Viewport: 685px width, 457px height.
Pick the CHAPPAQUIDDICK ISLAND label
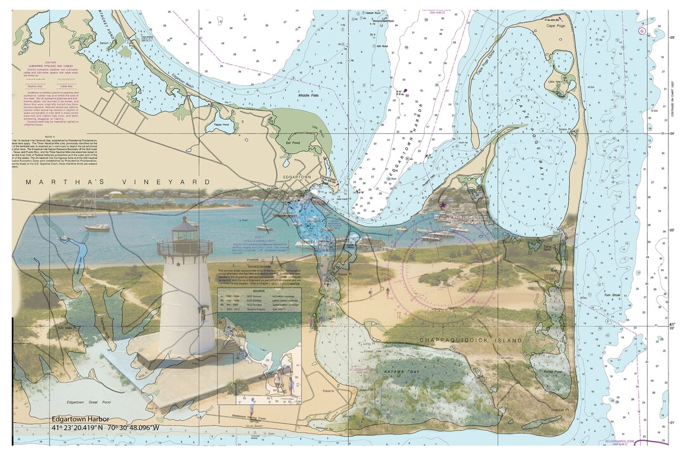point(471,341)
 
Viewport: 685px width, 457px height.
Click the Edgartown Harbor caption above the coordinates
point(81,419)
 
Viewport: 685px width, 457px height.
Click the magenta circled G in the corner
point(642,30)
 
